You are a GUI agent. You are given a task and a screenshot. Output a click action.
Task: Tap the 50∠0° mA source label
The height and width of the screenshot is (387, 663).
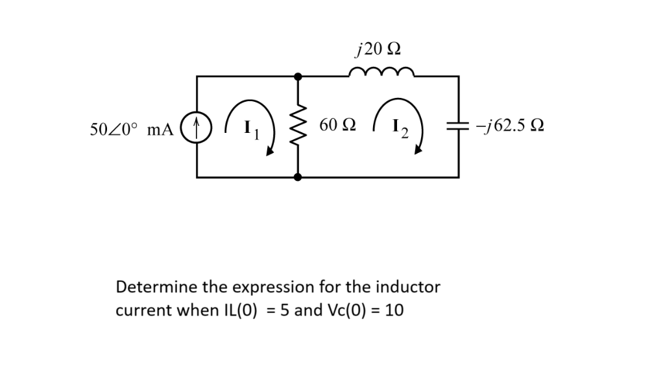(132, 128)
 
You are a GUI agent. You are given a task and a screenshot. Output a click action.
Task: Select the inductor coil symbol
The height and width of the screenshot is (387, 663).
(379, 71)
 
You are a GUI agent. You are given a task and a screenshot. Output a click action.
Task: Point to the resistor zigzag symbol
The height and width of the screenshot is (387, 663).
(298, 126)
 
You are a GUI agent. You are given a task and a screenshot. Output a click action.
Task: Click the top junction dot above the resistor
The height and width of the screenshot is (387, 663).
(298, 76)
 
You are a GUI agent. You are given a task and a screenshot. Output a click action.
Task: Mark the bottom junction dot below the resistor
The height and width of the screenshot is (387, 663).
(298, 176)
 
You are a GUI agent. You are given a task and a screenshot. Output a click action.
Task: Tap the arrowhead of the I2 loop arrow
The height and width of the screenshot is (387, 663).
(418, 150)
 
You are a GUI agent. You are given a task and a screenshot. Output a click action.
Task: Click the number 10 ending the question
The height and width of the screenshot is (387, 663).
(394, 311)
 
